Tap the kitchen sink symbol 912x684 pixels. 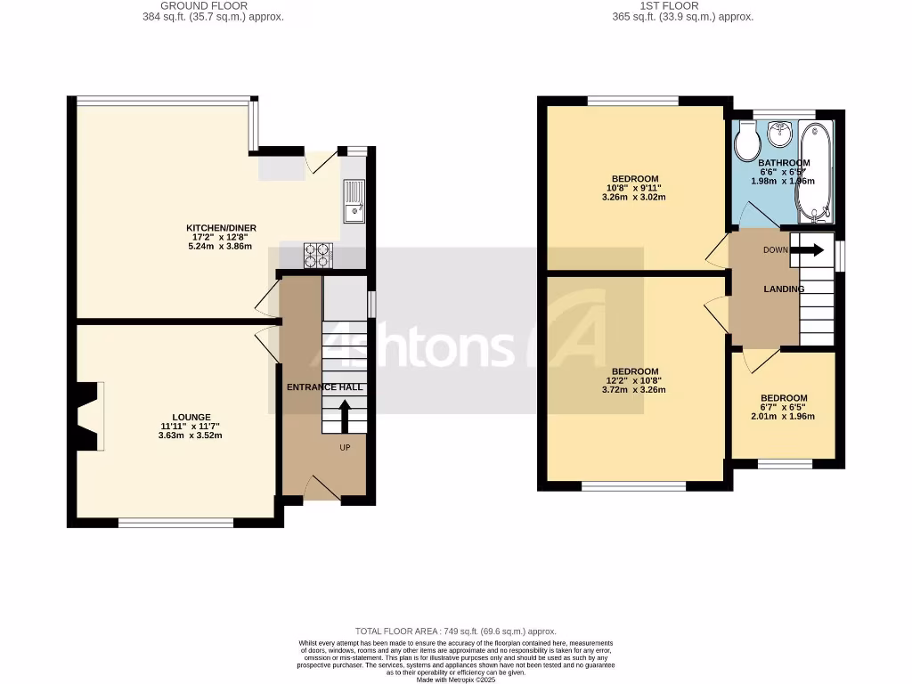coord(354,199)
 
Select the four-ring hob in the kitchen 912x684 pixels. coord(318,256)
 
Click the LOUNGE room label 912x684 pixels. coord(191,417)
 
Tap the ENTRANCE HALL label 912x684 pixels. coord(323,387)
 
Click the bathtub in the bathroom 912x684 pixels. coord(815,174)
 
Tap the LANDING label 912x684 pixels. coord(784,289)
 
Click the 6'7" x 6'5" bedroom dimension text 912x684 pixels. coord(784,407)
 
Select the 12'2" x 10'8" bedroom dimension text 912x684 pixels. coord(634,380)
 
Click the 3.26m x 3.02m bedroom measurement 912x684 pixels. coord(634,197)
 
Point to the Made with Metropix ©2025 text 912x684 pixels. coord(455,680)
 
